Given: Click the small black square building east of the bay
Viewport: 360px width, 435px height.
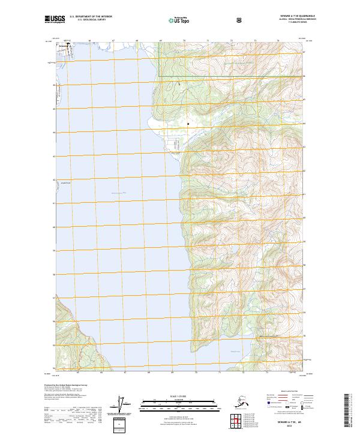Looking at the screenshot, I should coord(188,124).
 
